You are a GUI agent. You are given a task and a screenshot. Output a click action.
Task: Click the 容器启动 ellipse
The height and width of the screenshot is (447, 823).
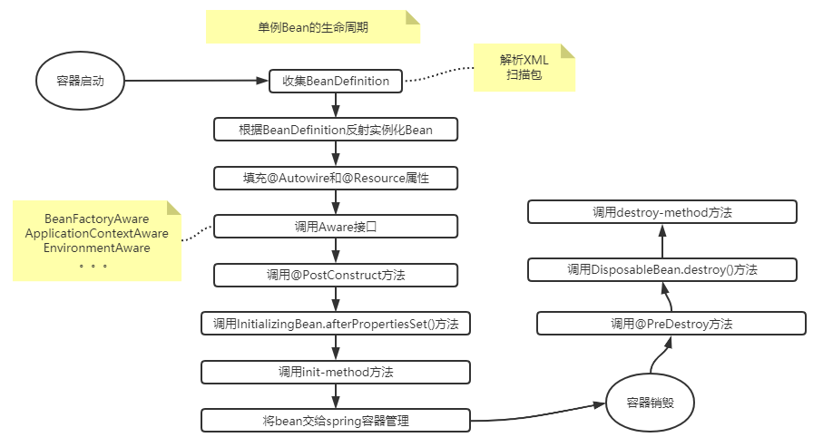click(x=80, y=81)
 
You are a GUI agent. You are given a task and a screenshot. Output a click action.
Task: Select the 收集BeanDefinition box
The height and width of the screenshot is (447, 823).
click(x=336, y=81)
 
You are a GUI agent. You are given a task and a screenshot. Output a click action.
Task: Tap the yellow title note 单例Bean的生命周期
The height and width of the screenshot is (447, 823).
click(x=313, y=27)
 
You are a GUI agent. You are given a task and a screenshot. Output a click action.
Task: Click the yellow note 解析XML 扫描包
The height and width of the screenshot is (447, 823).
click(x=524, y=67)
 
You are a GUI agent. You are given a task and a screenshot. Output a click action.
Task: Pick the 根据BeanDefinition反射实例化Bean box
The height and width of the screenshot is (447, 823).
click(x=336, y=130)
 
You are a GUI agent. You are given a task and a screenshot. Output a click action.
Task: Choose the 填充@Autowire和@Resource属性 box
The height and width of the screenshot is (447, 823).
click(x=336, y=178)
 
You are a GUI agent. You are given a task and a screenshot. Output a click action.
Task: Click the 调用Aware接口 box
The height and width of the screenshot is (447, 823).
click(x=336, y=226)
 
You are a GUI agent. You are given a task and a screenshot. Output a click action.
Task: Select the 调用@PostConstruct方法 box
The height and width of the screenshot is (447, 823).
click(x=336, y=274)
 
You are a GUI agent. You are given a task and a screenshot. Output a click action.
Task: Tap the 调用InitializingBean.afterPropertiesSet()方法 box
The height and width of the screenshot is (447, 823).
click(x=336, y=323)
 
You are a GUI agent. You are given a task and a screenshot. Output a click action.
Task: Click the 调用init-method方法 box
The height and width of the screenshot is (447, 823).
click(x=336, y=372)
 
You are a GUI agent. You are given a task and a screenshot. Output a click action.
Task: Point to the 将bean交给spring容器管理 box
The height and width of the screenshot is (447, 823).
click(x=336, y=420)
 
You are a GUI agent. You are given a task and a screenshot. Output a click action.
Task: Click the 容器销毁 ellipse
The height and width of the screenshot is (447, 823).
click(x=650, y=403)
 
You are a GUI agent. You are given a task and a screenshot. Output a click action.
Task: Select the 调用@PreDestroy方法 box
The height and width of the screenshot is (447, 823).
click(x=671, y=323)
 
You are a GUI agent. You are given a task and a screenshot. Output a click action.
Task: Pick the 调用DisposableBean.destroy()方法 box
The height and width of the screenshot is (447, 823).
click(x=661, y=269)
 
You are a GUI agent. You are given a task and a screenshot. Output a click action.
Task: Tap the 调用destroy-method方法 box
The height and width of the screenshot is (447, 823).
click(x=661, y=212)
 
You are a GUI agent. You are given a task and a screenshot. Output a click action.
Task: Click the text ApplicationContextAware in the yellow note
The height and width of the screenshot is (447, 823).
click(x=97, y=234)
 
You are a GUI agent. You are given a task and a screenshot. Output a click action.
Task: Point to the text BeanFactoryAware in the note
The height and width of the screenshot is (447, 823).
click(x=97, y=220)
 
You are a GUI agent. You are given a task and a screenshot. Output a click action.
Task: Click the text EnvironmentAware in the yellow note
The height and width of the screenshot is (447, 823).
click(x=97, y=248)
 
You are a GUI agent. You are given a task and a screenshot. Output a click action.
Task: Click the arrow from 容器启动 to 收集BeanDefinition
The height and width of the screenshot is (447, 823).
click(x=195, y=81)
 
